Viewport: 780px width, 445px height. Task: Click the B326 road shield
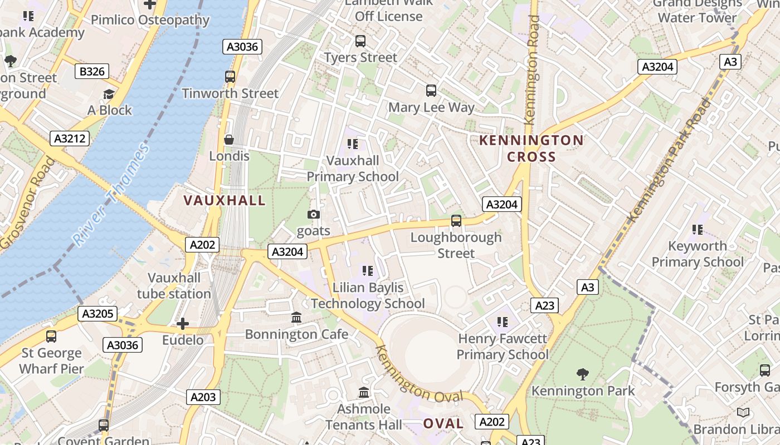[92, 71]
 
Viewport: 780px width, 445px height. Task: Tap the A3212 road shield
[70, 139]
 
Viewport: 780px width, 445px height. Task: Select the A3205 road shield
[97, 314]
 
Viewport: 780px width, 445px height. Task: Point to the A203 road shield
[203, 397]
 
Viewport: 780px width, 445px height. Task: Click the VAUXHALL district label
[225, 200]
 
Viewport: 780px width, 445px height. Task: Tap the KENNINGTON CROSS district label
[532, 149]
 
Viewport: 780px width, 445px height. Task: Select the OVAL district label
[443, 423]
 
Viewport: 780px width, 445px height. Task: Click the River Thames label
[111, 195]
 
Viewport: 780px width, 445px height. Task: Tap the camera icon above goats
[314, 215]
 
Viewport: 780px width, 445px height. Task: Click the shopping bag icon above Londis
[228, 140]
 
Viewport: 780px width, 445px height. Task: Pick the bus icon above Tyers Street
[360, 41]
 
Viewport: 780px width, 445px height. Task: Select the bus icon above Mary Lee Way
[431, 90]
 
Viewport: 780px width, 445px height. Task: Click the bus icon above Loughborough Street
[456, 221]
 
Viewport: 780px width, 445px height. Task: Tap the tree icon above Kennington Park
[583, 374]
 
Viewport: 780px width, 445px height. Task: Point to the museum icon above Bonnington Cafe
[296, 318]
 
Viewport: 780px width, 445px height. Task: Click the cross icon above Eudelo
[183, 324]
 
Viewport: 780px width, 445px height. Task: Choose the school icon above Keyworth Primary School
[697, 229]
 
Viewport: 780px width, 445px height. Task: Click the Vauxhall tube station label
[174, 285]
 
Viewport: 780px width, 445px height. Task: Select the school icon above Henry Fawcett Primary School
[503, 322]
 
